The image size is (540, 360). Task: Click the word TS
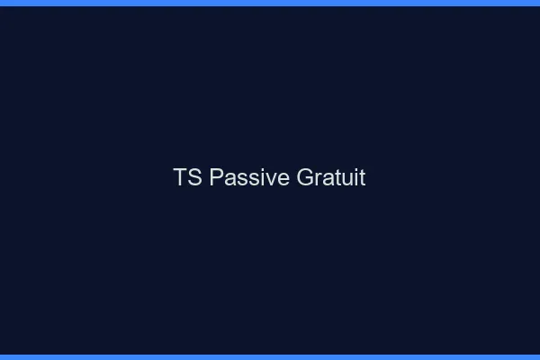pos(187,178)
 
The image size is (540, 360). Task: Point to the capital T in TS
pos(180,178)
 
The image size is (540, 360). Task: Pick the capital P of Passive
pos(216,178)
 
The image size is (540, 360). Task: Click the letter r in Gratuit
pos(318,179)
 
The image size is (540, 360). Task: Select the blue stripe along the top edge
pos(270,3)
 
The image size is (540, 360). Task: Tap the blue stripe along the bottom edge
pos(270,356)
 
